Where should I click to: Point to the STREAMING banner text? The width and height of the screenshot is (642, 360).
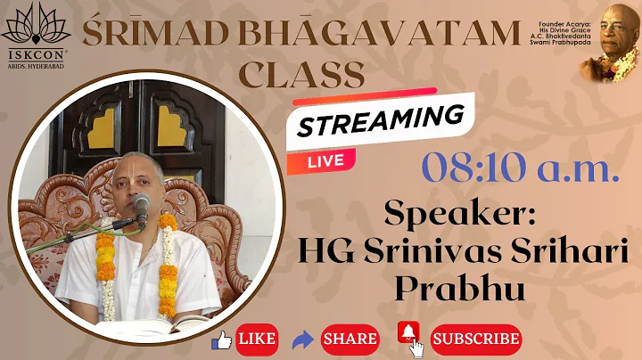(381, 121)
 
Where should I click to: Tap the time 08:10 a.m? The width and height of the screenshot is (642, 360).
(521, 168)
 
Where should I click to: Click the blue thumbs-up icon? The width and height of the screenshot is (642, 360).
(221, 339)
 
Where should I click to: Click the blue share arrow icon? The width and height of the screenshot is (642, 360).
(302, 339)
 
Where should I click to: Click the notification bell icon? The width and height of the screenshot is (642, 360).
(409, 334)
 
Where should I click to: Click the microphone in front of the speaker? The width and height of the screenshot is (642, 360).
(142, 209)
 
